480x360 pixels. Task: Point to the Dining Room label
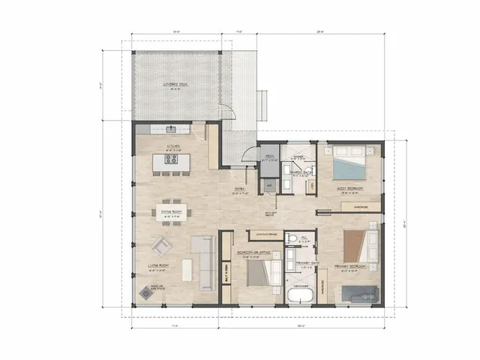tap(172, 212)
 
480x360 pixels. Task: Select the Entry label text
tap(240, 189)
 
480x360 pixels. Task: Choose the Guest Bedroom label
tap(352, 187)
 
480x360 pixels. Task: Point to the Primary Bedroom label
tap(359, 265)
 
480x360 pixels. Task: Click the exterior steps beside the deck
tap(262, 100)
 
